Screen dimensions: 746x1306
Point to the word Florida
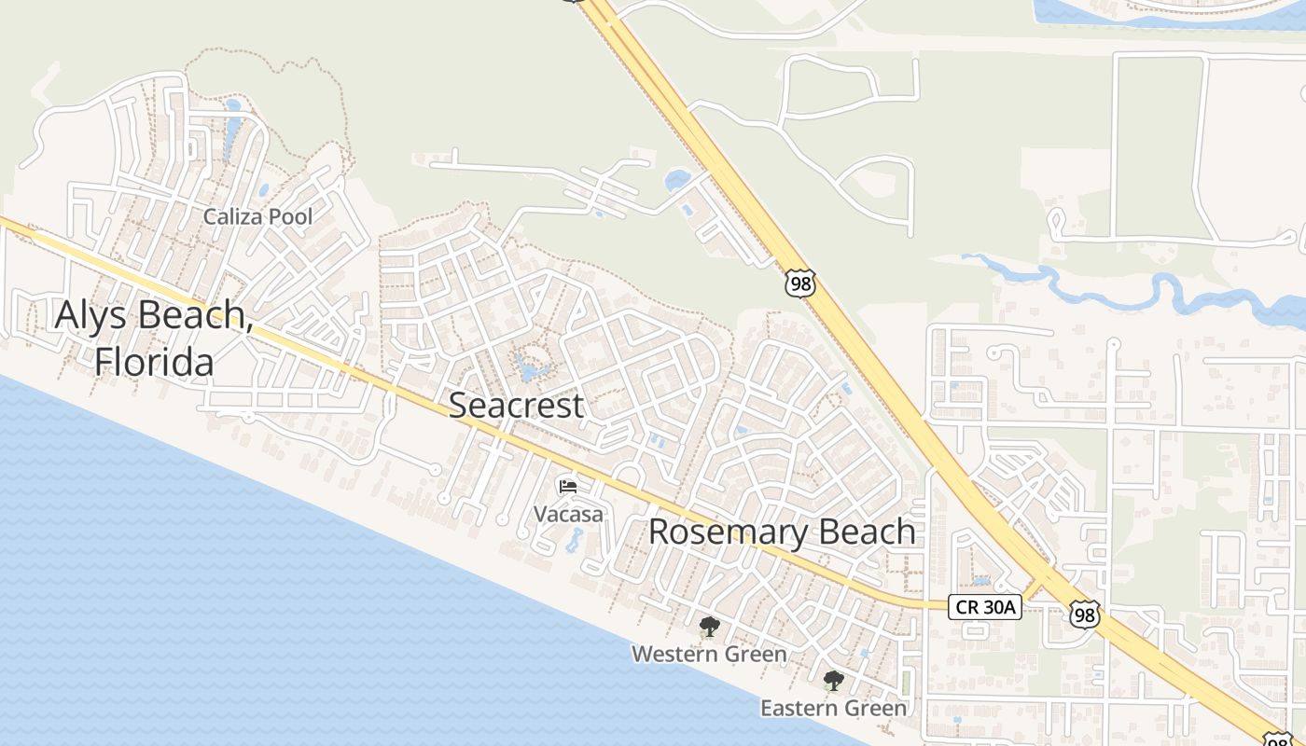point(154,361)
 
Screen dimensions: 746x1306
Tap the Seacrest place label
point(517,405)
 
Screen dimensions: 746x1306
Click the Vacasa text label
point(568,514)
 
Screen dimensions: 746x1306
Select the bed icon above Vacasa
point(567,486)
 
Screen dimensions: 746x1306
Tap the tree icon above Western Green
point(709,626)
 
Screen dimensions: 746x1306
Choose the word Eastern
point(801,709)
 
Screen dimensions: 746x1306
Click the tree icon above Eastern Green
point(833,681)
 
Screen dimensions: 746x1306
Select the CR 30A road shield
point(985,607)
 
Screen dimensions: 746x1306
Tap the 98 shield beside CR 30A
point(1083,615)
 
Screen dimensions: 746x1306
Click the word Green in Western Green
point(755,655)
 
